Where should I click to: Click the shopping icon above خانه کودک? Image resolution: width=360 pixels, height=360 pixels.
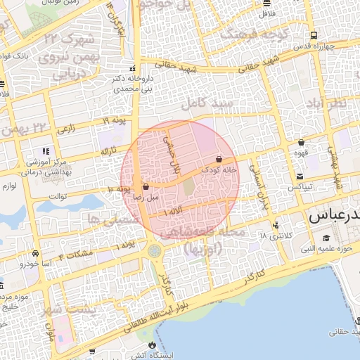(219, 160)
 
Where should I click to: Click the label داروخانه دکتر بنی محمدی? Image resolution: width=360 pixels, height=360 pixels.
(132, 84)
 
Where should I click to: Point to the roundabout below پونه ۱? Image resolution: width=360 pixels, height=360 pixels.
(154, 250)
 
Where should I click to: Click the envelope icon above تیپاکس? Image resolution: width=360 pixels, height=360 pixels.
(300, 176)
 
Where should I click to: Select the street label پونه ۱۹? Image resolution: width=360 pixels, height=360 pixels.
(114, 122)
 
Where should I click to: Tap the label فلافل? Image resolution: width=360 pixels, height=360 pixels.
(266, 13)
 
